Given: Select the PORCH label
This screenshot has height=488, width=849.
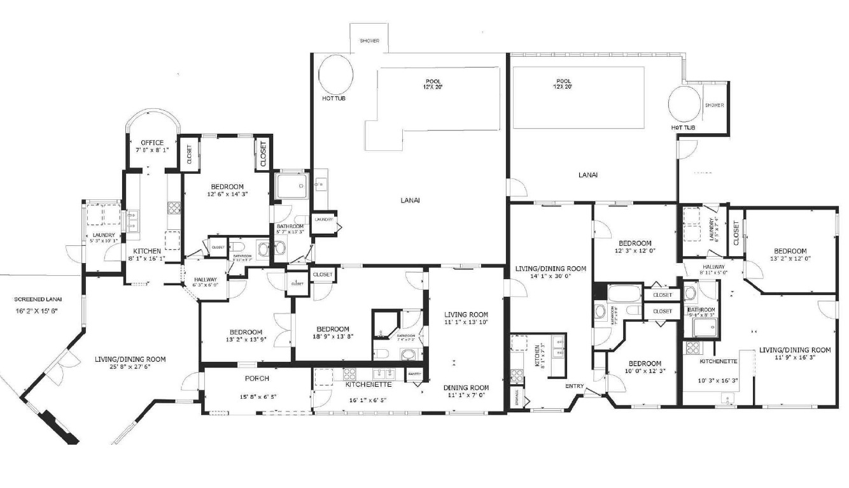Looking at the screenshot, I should click(x=257, y=378).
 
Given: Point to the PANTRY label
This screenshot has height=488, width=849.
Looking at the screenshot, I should click(x=414, y=375).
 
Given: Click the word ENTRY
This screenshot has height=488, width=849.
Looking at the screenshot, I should click(x=573, y=386).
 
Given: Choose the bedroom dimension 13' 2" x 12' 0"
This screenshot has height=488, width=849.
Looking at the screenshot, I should click(x=790, y=260).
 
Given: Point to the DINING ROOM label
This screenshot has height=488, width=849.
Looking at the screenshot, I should click(x=467, y=387).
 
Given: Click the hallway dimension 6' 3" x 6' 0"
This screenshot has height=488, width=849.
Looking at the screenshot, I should click(x=205, y=285).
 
